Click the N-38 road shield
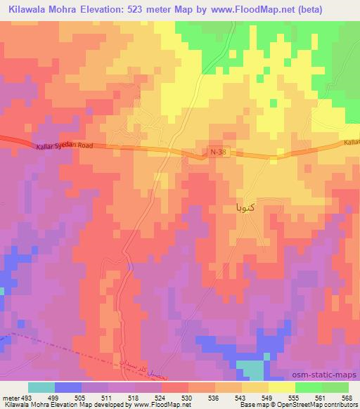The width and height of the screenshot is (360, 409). (x=219, y=151)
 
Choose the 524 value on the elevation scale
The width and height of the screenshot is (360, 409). (x=161, y=397)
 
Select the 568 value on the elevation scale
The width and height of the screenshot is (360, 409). (x=347, y=397)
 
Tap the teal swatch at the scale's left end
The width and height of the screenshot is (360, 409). (x=41, y=387)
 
